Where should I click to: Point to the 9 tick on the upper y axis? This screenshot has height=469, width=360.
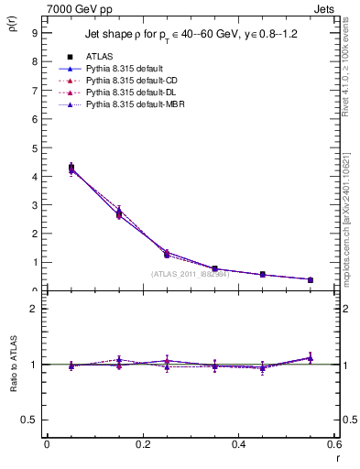click(34, 32)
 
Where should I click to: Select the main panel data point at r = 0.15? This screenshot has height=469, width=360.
click(119, 213)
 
